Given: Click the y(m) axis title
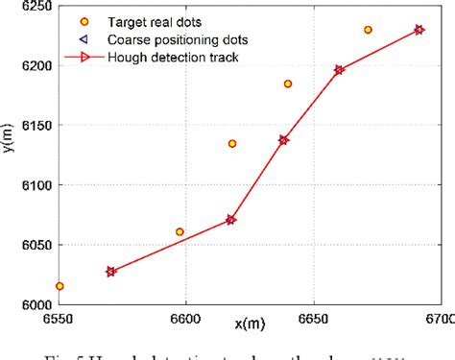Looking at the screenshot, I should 10,155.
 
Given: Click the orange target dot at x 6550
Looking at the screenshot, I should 60,286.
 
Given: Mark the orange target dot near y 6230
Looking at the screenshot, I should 368,30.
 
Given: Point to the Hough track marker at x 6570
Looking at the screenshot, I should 110,272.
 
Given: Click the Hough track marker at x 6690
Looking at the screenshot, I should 419,30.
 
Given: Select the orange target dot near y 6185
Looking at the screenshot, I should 288,84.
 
